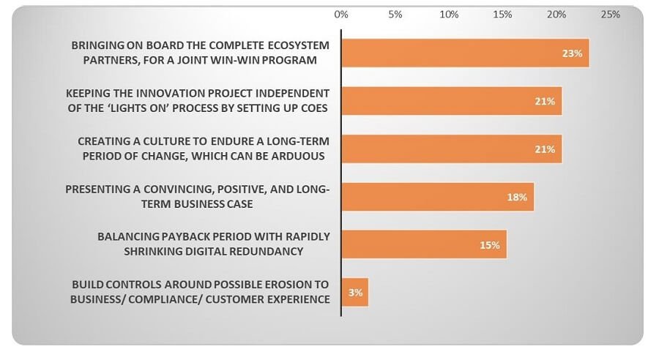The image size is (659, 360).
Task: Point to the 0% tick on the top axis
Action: (x=341, y=15)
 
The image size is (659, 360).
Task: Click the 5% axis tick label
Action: (x=395, y=15)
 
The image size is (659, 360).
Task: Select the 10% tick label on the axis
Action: (x=449, y=15)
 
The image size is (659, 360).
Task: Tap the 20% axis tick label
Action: (x=556, y=15)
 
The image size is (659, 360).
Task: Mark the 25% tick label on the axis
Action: (x=610, y=15)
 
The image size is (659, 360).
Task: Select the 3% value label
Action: (x=355, y=293)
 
